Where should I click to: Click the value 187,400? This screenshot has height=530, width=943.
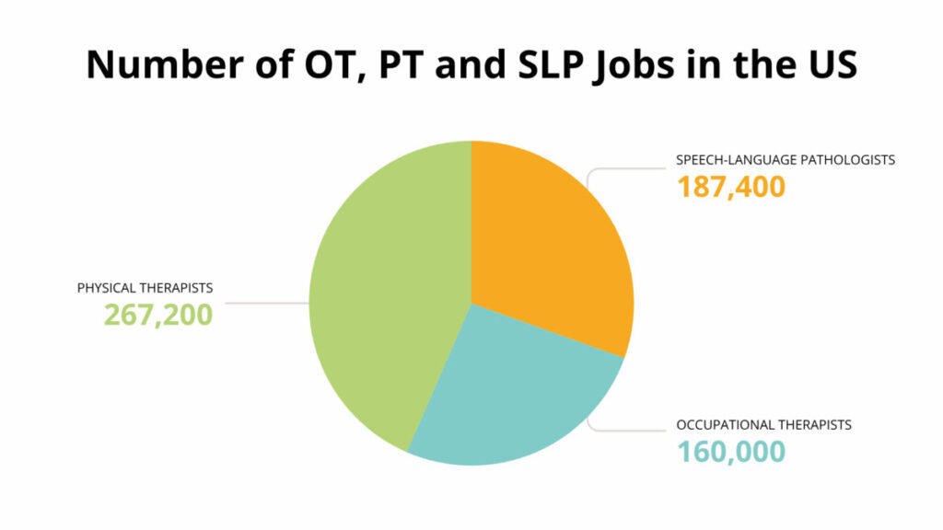pos(731,187)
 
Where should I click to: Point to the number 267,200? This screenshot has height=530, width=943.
pos(157,315)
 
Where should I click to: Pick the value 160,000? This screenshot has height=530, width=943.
pos(731,452)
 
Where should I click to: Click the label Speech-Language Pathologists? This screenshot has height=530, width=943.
pos(786,159)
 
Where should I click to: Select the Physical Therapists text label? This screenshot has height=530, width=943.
pos(145,288)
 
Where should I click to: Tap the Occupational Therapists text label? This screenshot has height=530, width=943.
pos(763,425)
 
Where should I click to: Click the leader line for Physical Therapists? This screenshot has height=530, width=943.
pos(267,303)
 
